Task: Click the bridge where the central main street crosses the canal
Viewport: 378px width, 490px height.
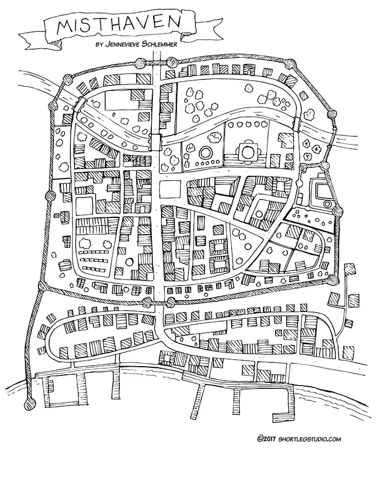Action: (156, 140)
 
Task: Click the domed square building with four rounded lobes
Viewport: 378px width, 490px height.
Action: (248, 150)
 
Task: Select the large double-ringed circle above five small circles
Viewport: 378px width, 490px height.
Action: (206, 152)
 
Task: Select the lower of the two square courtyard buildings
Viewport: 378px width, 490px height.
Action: (220, 266)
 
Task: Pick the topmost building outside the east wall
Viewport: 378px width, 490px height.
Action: (349, 269)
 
